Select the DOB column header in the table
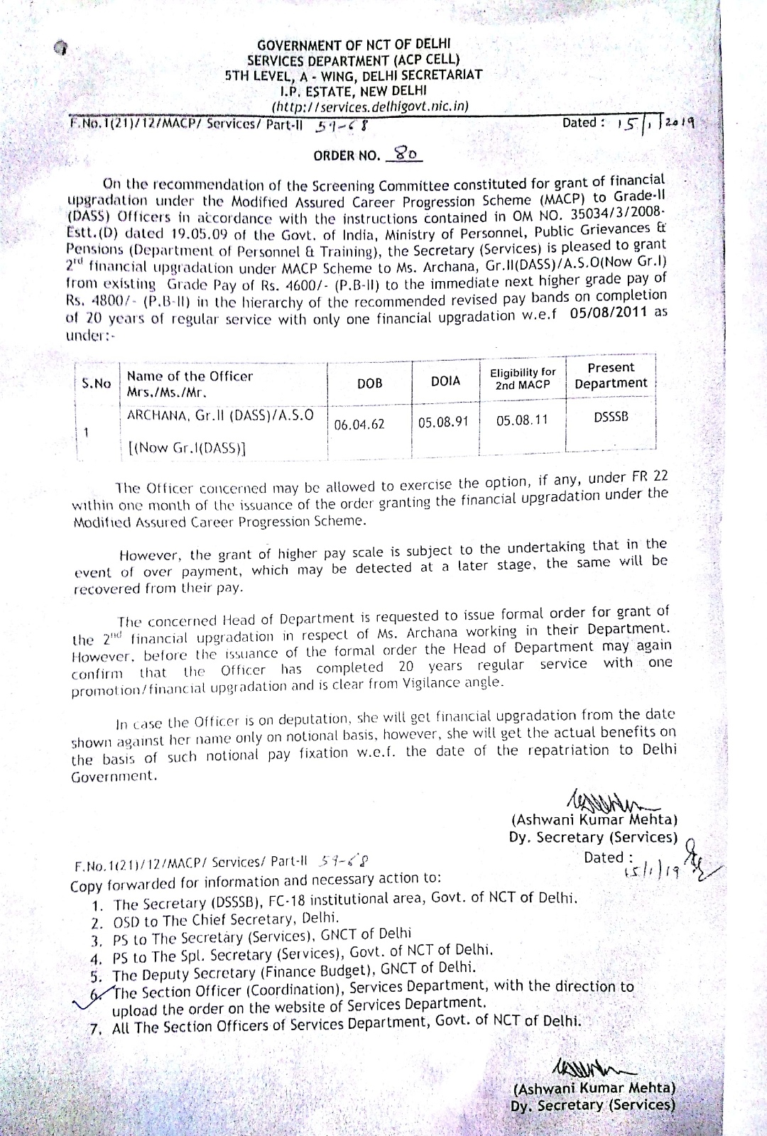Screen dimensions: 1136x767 (x=369, y=383)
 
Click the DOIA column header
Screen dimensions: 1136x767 (x=445, y=381)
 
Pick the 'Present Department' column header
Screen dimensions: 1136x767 (x=611, y=376)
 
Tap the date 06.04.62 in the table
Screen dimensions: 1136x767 (x=359, y=424)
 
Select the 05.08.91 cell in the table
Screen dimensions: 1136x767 (x=443, y=422)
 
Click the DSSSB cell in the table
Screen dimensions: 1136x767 (x=611, y=417)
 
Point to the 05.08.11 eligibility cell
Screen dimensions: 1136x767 (x=522, y=420)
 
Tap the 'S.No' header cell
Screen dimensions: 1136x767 (x=97, y=383)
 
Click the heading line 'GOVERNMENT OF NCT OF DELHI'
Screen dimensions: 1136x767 (x=354, y=45)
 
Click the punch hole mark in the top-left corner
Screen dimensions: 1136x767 (x=62, y=48)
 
